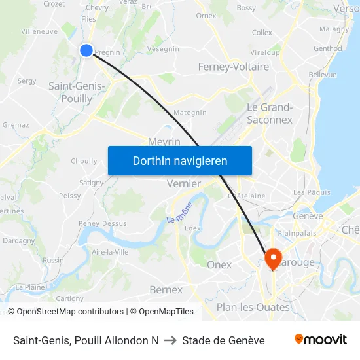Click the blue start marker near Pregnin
click(86, 50)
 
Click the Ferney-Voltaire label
click(234, 67)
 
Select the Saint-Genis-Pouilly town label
click(77, 92)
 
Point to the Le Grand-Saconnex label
click(270, 113)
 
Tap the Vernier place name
click(184, 184)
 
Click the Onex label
click(219, 264)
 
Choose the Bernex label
click(166, 289)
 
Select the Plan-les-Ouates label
click(253, 307)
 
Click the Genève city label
click(308, 216)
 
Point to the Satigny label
click(91, 183)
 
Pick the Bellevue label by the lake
click(322, 75)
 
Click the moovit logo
click(320, 340)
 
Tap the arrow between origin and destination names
click(170, 340)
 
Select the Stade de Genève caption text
click(223, 340)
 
